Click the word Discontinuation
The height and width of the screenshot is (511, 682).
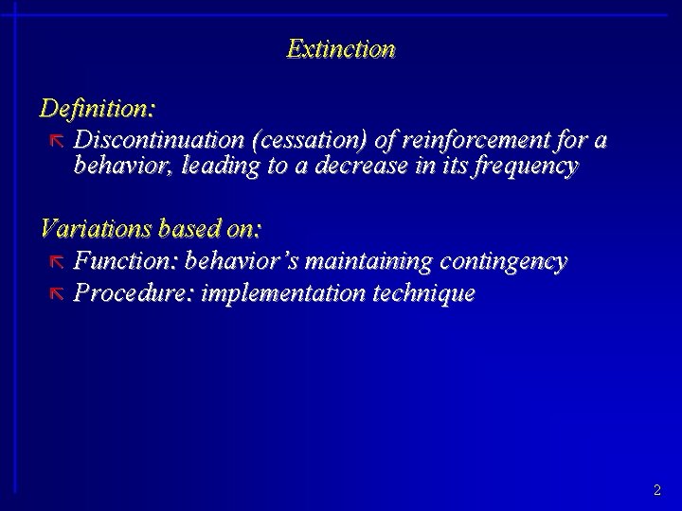pyautogui.click(x=160, y=140)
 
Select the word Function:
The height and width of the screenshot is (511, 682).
pyautogui.click(x=126, y=259)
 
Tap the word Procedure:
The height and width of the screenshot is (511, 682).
pyautogui.click(x=132, y=292)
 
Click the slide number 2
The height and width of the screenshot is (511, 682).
pyautogui.click(x=656, y=490)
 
